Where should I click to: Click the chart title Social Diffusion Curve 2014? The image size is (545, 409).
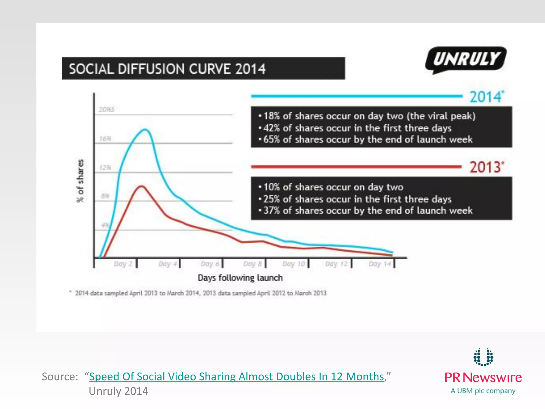[167, 69]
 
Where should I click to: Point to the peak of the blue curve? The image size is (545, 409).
[145, 130]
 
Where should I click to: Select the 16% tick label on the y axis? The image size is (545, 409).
[105, 139]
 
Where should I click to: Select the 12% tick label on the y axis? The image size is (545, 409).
[105, 168]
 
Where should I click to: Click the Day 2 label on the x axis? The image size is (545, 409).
[123, 264]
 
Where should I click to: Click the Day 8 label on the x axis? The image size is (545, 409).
[252, 264]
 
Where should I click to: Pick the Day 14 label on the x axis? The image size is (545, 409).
[380, 264]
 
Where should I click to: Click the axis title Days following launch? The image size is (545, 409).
[240, 278]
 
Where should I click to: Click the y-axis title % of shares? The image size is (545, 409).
[80, 181]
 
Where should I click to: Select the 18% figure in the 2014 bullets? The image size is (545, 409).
[271, 116]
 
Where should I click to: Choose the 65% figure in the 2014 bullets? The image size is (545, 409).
[271, 139]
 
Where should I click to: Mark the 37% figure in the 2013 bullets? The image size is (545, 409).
[271, 211]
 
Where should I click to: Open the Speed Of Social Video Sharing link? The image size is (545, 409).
[236, 377]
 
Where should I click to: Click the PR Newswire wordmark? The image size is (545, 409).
[483, 378]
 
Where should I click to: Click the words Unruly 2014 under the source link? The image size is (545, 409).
[118, 391]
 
